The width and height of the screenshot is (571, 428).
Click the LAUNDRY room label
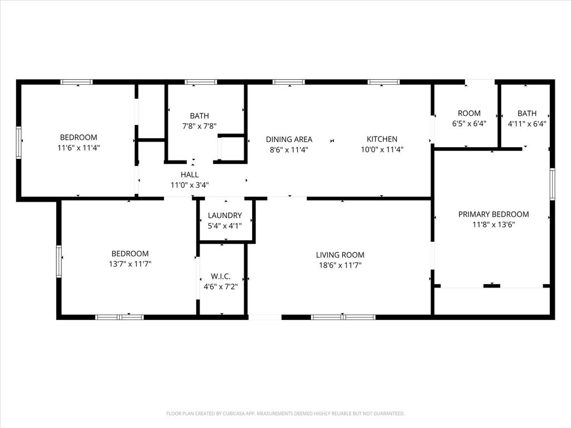pos(225,216)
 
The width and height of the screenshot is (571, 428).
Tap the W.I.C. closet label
pos(221,276)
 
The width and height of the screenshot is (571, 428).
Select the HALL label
pos(190,174)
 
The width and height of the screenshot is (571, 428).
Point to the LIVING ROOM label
pos(340,255)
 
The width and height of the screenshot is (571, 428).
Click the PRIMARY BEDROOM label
pos(493,215)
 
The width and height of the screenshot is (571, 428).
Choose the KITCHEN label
pos(382,139)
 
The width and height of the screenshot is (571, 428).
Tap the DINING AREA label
pos(289,139)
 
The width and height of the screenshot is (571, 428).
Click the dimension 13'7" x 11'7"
pos(130,264)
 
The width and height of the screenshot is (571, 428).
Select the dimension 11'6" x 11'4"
pos(79,148)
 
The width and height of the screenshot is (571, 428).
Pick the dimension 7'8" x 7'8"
pos(200,127)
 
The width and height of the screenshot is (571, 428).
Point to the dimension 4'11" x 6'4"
pos(527,124)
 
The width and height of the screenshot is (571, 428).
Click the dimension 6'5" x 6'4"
pos(469,124)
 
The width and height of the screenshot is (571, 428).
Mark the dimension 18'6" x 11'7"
pos(340,265)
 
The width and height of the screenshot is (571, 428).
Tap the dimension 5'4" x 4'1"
pos(225,226)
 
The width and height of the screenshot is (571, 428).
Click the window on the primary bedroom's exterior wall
pos(553,184)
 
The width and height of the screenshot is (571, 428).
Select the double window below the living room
pos(343,317)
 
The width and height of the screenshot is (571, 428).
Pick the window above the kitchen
pos(384,82)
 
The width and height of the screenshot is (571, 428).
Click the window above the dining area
pos(289,82)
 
